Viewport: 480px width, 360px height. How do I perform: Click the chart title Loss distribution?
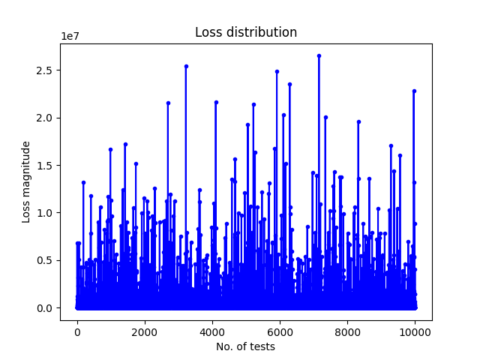point(246,32)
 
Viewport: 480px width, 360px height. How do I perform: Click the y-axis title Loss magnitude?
point(26,182)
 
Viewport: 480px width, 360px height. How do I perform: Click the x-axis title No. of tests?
point(245,346)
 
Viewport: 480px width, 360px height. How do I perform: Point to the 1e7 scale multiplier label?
point(70,36)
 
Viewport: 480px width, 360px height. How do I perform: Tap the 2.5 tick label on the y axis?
point(44,70)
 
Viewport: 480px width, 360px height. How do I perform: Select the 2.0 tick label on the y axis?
point(44,118)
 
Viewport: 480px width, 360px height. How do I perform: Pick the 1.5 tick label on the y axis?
point(44,165)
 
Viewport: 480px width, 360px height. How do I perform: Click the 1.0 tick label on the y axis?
point(44,213)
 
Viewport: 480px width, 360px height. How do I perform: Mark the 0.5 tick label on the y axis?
point(44,260)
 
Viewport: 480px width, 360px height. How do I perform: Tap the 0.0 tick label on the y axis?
point(44,308)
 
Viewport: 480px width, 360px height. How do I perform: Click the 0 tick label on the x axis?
point(77,332)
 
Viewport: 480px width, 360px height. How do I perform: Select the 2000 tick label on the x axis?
point(145,332)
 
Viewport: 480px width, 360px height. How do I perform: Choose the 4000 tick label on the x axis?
point(212,332)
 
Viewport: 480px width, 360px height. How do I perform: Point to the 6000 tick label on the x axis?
point(280,332)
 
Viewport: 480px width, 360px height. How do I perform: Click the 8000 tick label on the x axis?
point(347,332)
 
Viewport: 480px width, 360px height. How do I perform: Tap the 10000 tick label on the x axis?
point(415,332)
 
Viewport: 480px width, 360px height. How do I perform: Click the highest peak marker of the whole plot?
point(319,56)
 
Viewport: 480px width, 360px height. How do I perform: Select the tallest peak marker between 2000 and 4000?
point(186,67)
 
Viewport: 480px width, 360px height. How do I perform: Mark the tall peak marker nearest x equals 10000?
point(414,91)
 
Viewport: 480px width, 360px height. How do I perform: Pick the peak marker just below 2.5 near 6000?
point(277,72)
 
